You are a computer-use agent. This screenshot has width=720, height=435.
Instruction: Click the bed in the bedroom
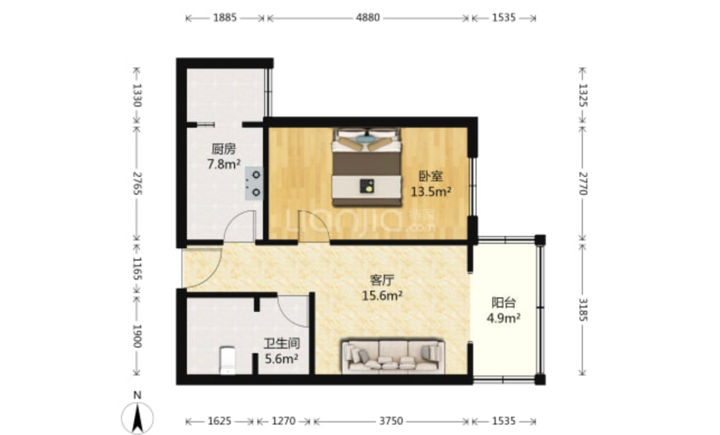pos(366,167)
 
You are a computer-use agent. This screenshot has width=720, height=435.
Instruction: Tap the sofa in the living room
pos(393,356)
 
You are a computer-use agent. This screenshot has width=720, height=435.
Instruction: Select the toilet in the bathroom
pos(228,360)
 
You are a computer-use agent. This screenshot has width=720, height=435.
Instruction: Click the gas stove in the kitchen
pos(254,184)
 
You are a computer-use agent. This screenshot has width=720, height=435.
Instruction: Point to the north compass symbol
pos(137,414)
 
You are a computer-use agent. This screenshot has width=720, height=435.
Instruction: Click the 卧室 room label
pos(431,176)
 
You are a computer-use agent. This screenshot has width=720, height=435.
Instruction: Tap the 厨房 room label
pos(224,149)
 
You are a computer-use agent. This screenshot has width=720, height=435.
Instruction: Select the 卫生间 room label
pos(282,343)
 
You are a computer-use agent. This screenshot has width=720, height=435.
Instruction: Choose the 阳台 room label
pos(504,302)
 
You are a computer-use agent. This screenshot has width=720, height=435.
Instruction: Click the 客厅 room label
pos(382,280)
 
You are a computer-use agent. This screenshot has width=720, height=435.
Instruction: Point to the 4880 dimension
pos(367,18)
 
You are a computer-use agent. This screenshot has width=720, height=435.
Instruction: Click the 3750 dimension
pos(391,421)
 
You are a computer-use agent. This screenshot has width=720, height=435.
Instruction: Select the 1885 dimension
pos(225,18)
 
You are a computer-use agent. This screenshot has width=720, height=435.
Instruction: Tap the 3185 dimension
pos(583,309)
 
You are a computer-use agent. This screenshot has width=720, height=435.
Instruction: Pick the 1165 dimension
pos(137,268)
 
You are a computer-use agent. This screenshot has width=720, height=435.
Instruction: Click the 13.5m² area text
pos(431,192)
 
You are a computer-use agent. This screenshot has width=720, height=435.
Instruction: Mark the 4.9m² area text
pos(504,318)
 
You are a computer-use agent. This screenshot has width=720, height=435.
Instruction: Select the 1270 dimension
pos(283,421)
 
